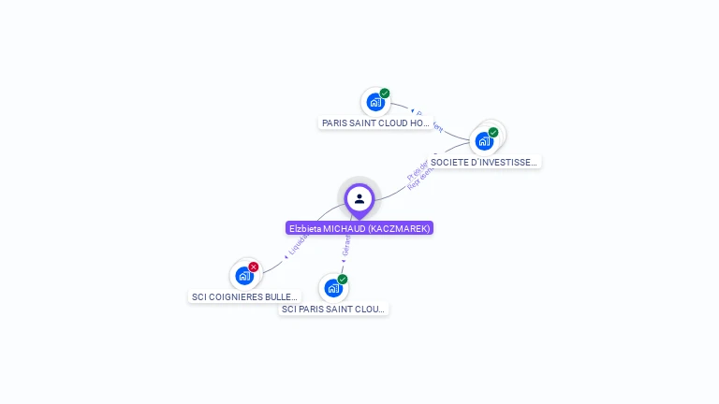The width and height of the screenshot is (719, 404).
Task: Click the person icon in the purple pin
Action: (x=359, y=198)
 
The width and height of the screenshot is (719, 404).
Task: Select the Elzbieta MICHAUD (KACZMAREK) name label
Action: (x=359, y=228)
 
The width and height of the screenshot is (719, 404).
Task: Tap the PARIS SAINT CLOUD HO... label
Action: (x=375, y=123)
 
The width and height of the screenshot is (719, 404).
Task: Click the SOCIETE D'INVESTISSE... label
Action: (x=484, y=162)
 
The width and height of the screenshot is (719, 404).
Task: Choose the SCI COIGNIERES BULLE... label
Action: (x=244, y=296)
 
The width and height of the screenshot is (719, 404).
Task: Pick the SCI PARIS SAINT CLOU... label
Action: (x=333, y=309)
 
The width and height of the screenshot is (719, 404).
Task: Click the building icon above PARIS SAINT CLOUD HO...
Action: (x=375, y=102)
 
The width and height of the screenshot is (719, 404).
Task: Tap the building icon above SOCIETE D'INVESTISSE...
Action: (x=483, y=141)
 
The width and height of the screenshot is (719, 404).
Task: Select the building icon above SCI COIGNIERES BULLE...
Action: (x=244, y=276)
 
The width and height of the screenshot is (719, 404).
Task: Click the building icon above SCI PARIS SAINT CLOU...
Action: (x=332, y=288)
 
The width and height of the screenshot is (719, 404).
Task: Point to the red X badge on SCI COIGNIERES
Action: (x=254, y=267)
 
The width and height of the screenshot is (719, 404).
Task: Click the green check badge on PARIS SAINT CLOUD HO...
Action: (x=385, y=94)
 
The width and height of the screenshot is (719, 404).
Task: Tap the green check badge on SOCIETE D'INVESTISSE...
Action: (x=493, y=132)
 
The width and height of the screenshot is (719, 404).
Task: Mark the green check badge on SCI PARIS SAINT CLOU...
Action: (x=343, y=280)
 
